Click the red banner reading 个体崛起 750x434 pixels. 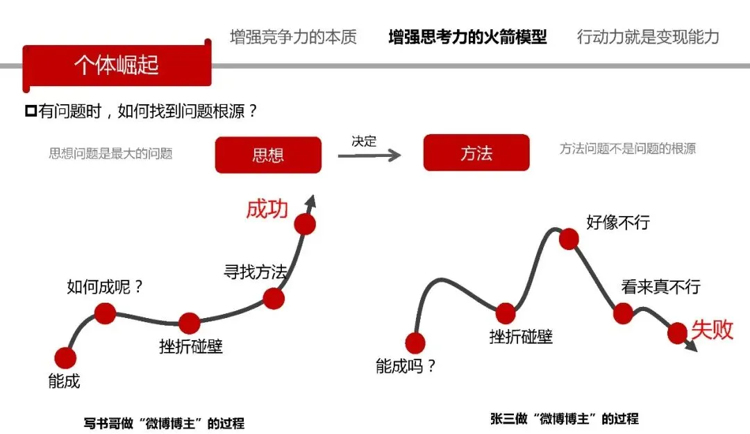[116, 65]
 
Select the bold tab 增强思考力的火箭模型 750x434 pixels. [467, 37]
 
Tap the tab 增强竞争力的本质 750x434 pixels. [293, 37]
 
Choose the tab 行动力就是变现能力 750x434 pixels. [647, 37]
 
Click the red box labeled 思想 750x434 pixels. [268, 154]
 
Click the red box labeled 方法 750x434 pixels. [476, 153]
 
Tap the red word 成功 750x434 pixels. [267, 209]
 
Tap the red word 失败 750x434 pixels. [712, 329]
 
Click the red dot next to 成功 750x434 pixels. [305, 224]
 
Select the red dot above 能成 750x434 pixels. [65, 358]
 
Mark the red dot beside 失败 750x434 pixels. [677, 333]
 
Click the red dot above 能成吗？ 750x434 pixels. [415, 343]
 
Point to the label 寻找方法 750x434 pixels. [255, 272]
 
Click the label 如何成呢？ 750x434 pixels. [105, 286]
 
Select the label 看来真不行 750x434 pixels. [660, 286]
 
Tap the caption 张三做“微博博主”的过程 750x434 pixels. [564, 419]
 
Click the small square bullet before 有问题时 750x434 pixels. [30, 111]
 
